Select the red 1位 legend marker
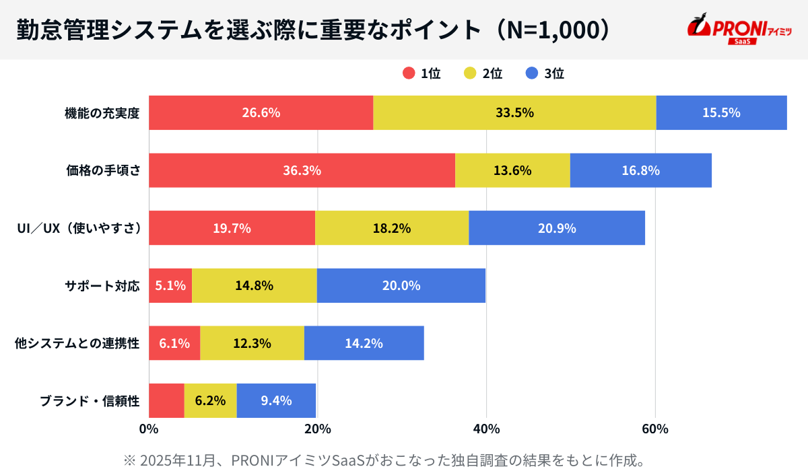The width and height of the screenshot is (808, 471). pyautogui.click(x=409, y=74)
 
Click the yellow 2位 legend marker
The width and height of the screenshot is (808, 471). pyautogui.click(x=469, y=74)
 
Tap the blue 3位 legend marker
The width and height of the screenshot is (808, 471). pyautogui.click(x=531, y=74)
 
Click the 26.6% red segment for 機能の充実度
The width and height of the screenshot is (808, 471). pyautogui.click(x=261, y=112)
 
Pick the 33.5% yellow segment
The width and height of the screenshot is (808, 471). pyautogui.click(x=514, y=112)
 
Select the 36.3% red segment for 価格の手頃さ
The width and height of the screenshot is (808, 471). pyautogui.click(x=302, y=170)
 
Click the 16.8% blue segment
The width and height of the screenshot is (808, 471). pyautogui.click(x=640, y=170)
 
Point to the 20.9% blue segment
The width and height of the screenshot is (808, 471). pyautogui.click(x=557, y=228)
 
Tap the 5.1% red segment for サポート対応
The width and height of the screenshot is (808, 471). pyautogui.click(x=170, y=285)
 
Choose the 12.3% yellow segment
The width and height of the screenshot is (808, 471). pyautogui.click(x=252, y=343)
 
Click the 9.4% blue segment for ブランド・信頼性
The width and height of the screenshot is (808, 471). pyautogui.click(x=276, y=401)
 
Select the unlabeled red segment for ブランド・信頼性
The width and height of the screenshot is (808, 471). pyautogui.click(x=166, y=401)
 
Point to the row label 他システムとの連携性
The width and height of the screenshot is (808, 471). pyautogui.click(x=77, y=343)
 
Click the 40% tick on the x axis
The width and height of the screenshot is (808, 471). pyautogui.click(x=486, y=429)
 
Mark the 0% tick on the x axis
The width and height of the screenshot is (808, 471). pyautogui.click(x=148, y=429)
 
